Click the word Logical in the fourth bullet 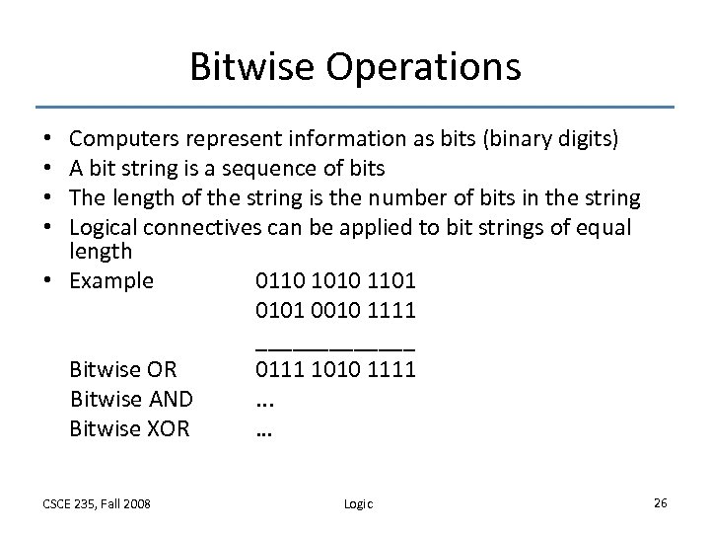pos(106,228)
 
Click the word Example pos(111,280)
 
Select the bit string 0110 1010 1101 pos(335,280)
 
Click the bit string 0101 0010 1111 pos(335,310)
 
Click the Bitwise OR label pos(123,370)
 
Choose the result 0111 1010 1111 pos(335,370)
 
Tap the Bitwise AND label pos(131,400)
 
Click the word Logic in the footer pos(359,504)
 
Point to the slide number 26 pos(662,503)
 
